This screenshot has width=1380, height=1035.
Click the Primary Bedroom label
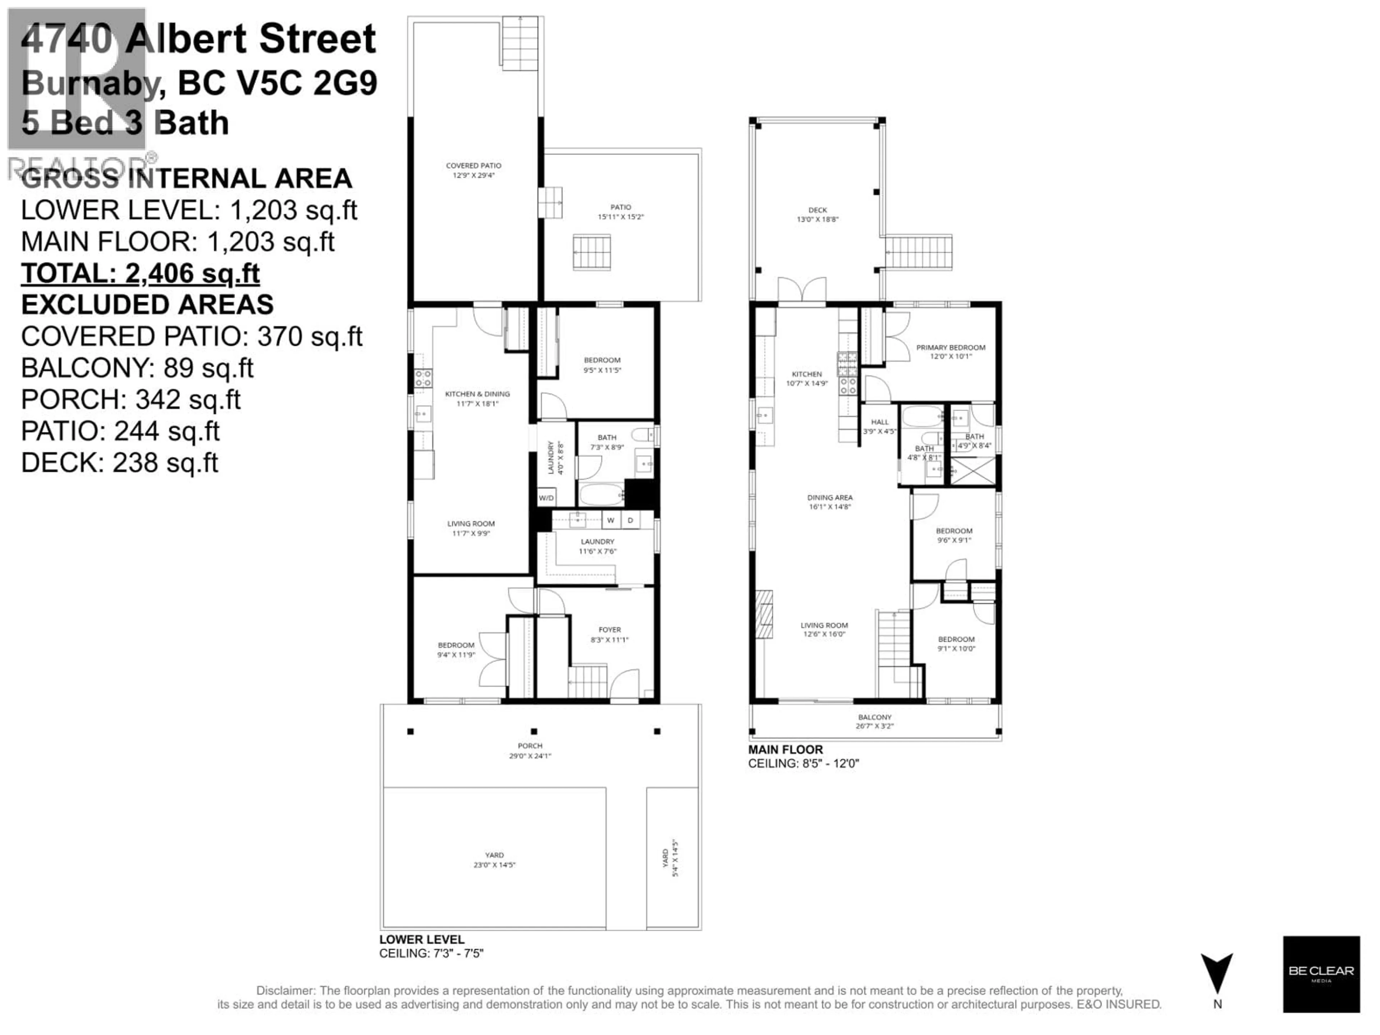[x=950, y=348]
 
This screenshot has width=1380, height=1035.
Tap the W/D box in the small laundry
[x=546, y=498]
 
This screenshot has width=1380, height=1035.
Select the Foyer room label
[x=609, y=630]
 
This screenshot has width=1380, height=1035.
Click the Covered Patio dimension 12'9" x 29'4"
[x=474, y=175]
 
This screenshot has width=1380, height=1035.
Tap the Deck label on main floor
[x=817, y=210]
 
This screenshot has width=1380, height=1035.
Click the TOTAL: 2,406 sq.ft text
[x=141, y=273]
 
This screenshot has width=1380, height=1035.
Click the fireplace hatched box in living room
[x=764, y=615]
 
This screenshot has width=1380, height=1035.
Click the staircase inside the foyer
[x=587, y=681]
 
